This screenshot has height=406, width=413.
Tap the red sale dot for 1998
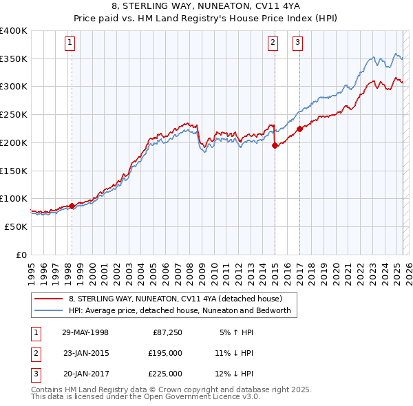[72, 206]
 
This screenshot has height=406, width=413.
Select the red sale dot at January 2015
[275, 145]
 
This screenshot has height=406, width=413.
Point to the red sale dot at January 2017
[299, 129]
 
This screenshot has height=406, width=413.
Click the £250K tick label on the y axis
[14, 114]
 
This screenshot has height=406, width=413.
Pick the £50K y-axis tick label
[17, 226]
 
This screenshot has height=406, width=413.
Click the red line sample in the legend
[50, 299]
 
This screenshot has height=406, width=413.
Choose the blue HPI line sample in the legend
[50, 311]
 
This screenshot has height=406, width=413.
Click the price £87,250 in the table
[165, 332]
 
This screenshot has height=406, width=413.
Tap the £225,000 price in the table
[165, 374]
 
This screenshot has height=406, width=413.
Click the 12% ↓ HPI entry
[234, 374]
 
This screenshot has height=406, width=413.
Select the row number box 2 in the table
[34, 353]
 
